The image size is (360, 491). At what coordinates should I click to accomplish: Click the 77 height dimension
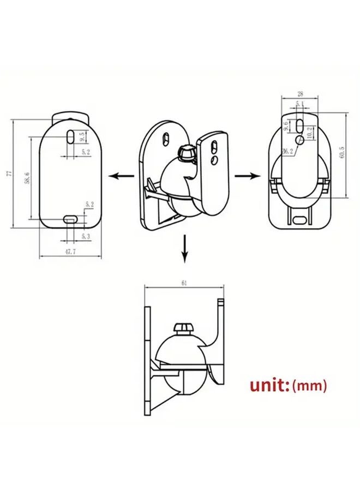[8, 173]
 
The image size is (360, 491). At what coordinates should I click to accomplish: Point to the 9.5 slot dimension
[81, 135]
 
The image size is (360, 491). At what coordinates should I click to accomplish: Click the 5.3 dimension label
[86, 236]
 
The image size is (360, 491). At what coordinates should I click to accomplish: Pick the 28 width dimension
[301, 94]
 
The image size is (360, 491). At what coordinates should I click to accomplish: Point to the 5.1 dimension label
[300, 104]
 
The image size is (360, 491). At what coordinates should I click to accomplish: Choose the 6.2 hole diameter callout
[288, 151]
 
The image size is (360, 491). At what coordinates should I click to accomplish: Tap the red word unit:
[269, 386]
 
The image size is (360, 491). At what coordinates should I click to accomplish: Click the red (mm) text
[310, 386]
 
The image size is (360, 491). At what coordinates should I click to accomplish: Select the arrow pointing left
[121, 176]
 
